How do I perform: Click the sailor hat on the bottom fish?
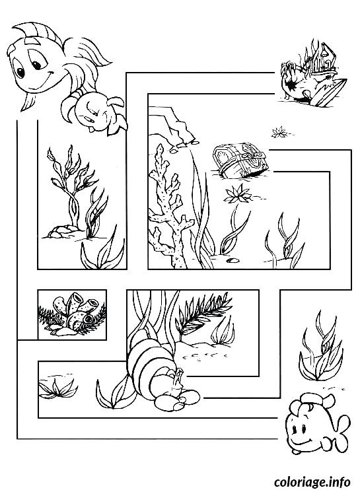click(x=308, y=400)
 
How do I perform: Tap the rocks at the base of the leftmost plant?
click(x=60, y=230)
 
